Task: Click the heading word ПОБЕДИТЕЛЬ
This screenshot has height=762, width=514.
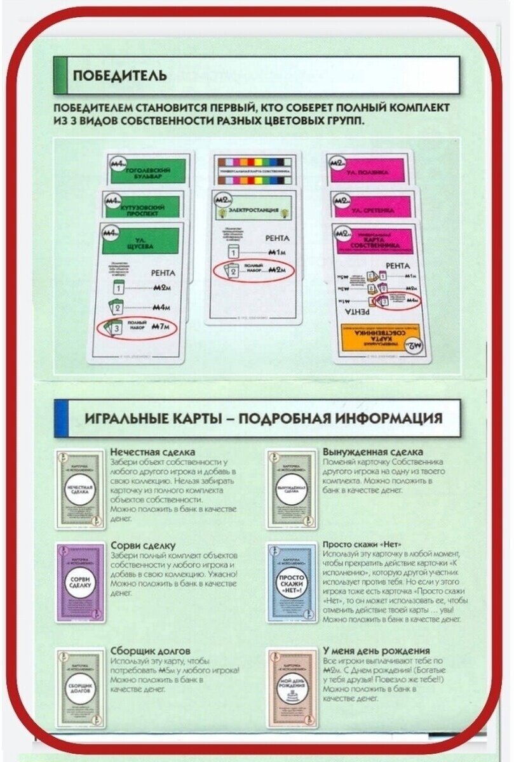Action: (x=120, y=76)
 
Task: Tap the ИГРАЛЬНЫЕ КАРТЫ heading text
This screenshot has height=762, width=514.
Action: (x=263, y=418)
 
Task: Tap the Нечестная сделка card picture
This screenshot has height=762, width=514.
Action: (x=80, y=490)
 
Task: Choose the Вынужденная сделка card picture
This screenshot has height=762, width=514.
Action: (x=291, y=490)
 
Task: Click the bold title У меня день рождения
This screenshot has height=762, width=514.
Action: (x=376, y=651)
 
